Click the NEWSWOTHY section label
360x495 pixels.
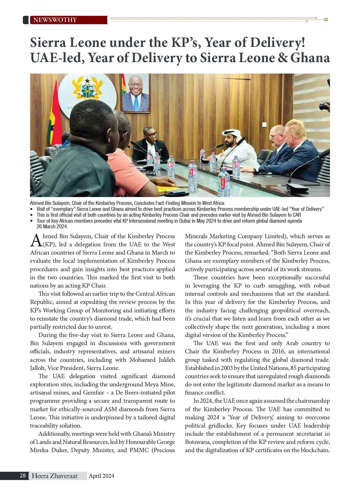tap(55, 20)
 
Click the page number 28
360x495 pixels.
tap(23, 476)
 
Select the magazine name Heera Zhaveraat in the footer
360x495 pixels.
tap(54, 476)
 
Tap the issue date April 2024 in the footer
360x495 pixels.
tap(101, 476)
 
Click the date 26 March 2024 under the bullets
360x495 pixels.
tap(52, 227)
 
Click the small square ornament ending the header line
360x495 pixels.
tap(326, 20)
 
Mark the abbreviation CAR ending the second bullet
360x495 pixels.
tap(296, 215)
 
